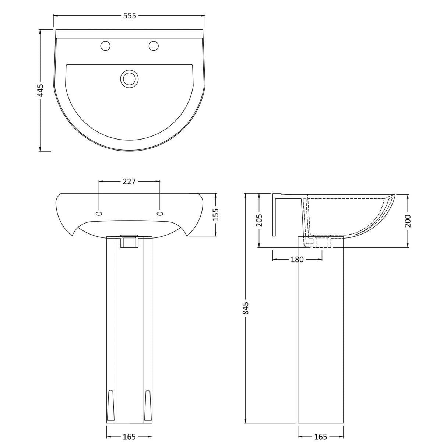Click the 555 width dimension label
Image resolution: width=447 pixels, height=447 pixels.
(x=129, y=15)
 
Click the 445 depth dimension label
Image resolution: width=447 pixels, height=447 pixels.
(x=41, y=90)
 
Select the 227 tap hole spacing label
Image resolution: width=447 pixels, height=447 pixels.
(x=129, y=181)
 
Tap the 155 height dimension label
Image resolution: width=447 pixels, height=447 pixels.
(x=215, y=214)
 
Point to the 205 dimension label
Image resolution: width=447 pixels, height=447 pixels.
(x=259, y=220)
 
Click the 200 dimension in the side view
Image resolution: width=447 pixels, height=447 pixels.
(x=408, y=220)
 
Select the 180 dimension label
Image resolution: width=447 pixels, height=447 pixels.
(x=297, y=260)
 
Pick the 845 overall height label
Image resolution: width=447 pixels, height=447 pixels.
(x=246, y=308)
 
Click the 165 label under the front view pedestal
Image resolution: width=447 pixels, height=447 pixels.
(x=129, y=437)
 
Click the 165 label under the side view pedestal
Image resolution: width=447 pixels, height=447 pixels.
(x=320, y=437)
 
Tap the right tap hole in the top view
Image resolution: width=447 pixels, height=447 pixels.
(x=153, y=46)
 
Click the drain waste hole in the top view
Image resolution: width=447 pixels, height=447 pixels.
(x=129, y=78)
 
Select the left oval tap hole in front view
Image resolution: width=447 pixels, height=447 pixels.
(x=99, y=213)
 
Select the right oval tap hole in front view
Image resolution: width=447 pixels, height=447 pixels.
(x=160, y=213)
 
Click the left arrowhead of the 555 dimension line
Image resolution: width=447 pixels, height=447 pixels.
(x=55, y=15)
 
